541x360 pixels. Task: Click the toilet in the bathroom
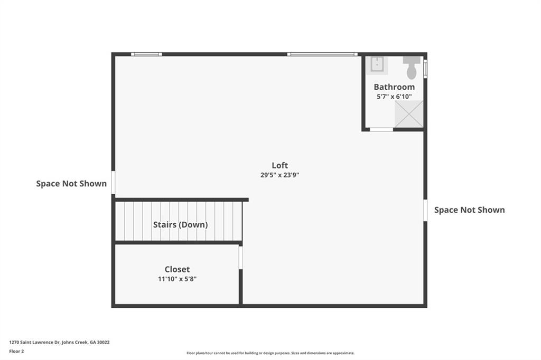(412, 67)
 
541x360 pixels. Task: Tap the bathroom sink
(378, 65)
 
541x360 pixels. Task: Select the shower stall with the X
(409, 113)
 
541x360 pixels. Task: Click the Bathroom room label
(394, 87)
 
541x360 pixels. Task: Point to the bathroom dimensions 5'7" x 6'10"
(394, 97)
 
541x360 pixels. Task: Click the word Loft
(280, 165)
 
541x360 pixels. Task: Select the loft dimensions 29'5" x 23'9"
(280, 175)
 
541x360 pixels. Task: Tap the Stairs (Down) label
(180, 224)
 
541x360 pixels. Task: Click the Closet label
(177, 269)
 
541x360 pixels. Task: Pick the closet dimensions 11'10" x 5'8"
(177, 279)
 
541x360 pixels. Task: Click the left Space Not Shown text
(71, 184)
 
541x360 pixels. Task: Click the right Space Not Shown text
(469, 210)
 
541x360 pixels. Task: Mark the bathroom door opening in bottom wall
(381, 129)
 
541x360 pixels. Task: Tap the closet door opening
(240, 258)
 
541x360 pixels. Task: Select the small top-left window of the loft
(146, 54)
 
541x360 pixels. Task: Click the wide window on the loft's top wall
(322, 54)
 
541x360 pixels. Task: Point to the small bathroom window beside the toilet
(425, 69)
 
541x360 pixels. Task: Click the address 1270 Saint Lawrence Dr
(59, 342)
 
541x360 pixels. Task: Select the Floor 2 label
(16, 351)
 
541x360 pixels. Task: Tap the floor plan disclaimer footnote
(270, 353)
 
